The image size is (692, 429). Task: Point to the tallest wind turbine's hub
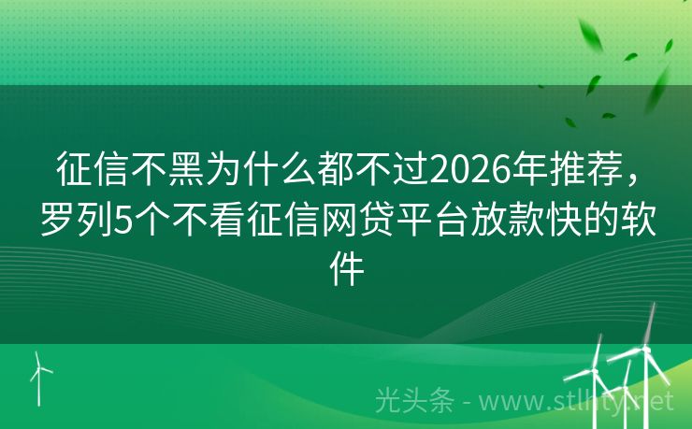[x=644, y=352]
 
